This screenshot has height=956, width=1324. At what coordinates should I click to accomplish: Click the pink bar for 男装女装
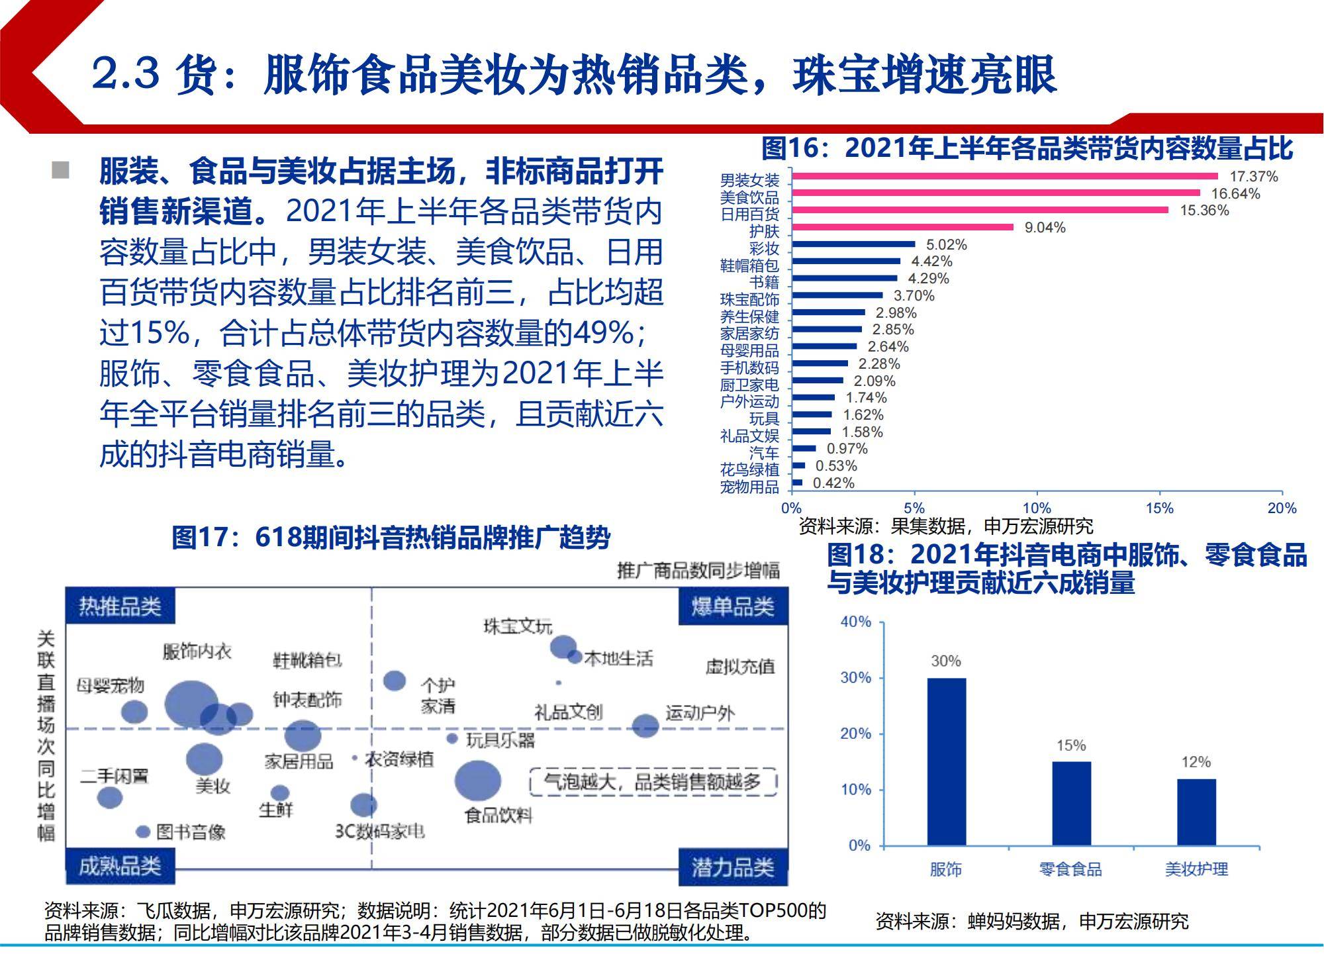click(1005, 176)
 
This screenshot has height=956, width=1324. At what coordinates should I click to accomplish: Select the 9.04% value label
click(1045, 228)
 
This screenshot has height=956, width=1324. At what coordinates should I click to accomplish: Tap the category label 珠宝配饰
click(749, 299)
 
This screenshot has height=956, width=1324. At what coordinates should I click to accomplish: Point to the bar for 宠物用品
click(797, 483)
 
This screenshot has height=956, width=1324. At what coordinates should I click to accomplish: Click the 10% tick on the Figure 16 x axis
click(1037, 508)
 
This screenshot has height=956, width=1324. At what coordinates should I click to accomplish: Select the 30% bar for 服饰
click(946, 761)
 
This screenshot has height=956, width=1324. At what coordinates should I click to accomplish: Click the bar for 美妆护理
click(1196, 812)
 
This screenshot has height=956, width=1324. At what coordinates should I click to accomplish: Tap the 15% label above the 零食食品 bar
click(1071, 745)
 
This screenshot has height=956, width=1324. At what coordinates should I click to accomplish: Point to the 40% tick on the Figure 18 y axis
click(855, 622)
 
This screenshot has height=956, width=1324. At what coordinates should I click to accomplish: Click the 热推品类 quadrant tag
click(120, 606)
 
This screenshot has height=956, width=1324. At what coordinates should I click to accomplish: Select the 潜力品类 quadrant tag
click(733, 867)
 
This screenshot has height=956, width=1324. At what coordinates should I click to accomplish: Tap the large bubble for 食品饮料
click(477, 781)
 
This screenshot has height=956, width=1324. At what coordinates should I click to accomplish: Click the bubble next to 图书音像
click(143, 832)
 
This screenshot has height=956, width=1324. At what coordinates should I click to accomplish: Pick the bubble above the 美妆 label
click(204, 759)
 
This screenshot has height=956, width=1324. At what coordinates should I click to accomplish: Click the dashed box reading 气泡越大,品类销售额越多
click(653, 782)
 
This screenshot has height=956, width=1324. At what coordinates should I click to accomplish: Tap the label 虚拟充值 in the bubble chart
click(739, 666)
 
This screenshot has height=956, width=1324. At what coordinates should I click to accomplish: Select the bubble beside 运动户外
click(645, 726)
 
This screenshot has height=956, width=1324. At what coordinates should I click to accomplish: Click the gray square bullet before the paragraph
click(60, 170)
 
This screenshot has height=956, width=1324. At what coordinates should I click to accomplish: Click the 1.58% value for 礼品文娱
click(862, 432)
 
